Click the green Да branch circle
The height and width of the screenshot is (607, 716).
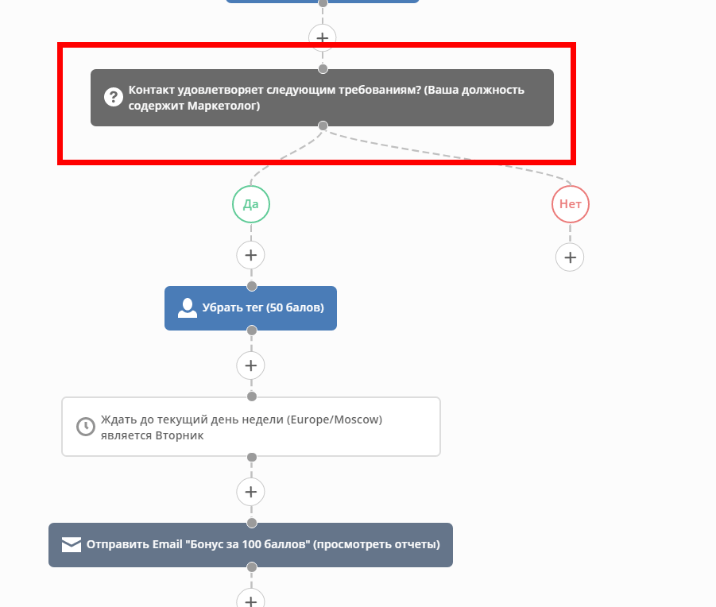251,204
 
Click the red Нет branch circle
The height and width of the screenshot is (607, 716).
571,204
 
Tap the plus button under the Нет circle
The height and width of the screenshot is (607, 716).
570,257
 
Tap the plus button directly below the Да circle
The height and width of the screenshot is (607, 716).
250,255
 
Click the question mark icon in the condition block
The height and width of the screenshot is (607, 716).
114,97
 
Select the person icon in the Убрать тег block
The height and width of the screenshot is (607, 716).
188,308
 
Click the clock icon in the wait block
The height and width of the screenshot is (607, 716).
85,427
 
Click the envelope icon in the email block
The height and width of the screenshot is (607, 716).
72,544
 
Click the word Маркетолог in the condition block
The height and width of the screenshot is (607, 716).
224,106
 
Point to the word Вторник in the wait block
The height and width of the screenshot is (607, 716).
180,435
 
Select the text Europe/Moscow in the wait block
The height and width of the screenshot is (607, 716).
335,419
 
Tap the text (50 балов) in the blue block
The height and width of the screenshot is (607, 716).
296,307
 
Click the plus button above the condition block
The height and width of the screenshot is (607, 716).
323,37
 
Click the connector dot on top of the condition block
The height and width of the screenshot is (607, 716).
323,69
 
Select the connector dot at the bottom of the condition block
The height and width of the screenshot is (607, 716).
323,126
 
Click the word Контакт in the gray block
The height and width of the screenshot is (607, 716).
151,90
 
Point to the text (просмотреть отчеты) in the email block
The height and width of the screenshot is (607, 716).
377,544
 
